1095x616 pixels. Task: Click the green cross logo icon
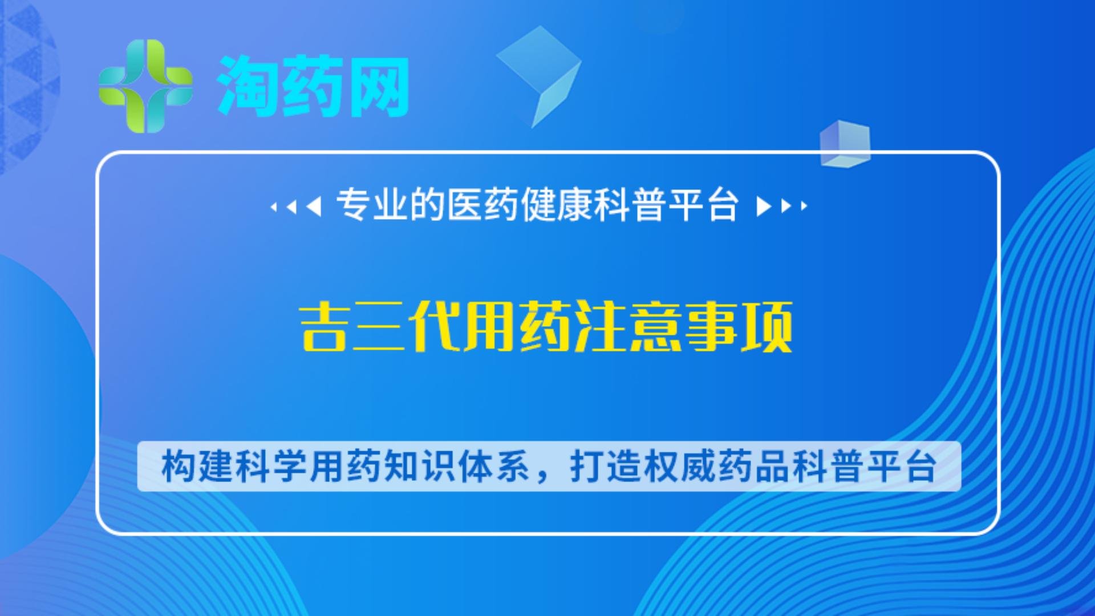click(x=145, y=86)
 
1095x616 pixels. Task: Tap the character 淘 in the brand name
click(x=247, y=87)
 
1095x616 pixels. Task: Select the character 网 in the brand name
click(x=378, y=87)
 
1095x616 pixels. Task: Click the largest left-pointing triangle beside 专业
click(x=314, y=206)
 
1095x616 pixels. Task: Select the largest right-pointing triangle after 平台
click(x=764, y=206)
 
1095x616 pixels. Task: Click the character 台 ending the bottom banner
click(x=920, y=467)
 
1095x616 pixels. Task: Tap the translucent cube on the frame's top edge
click(x=845, y=144)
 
